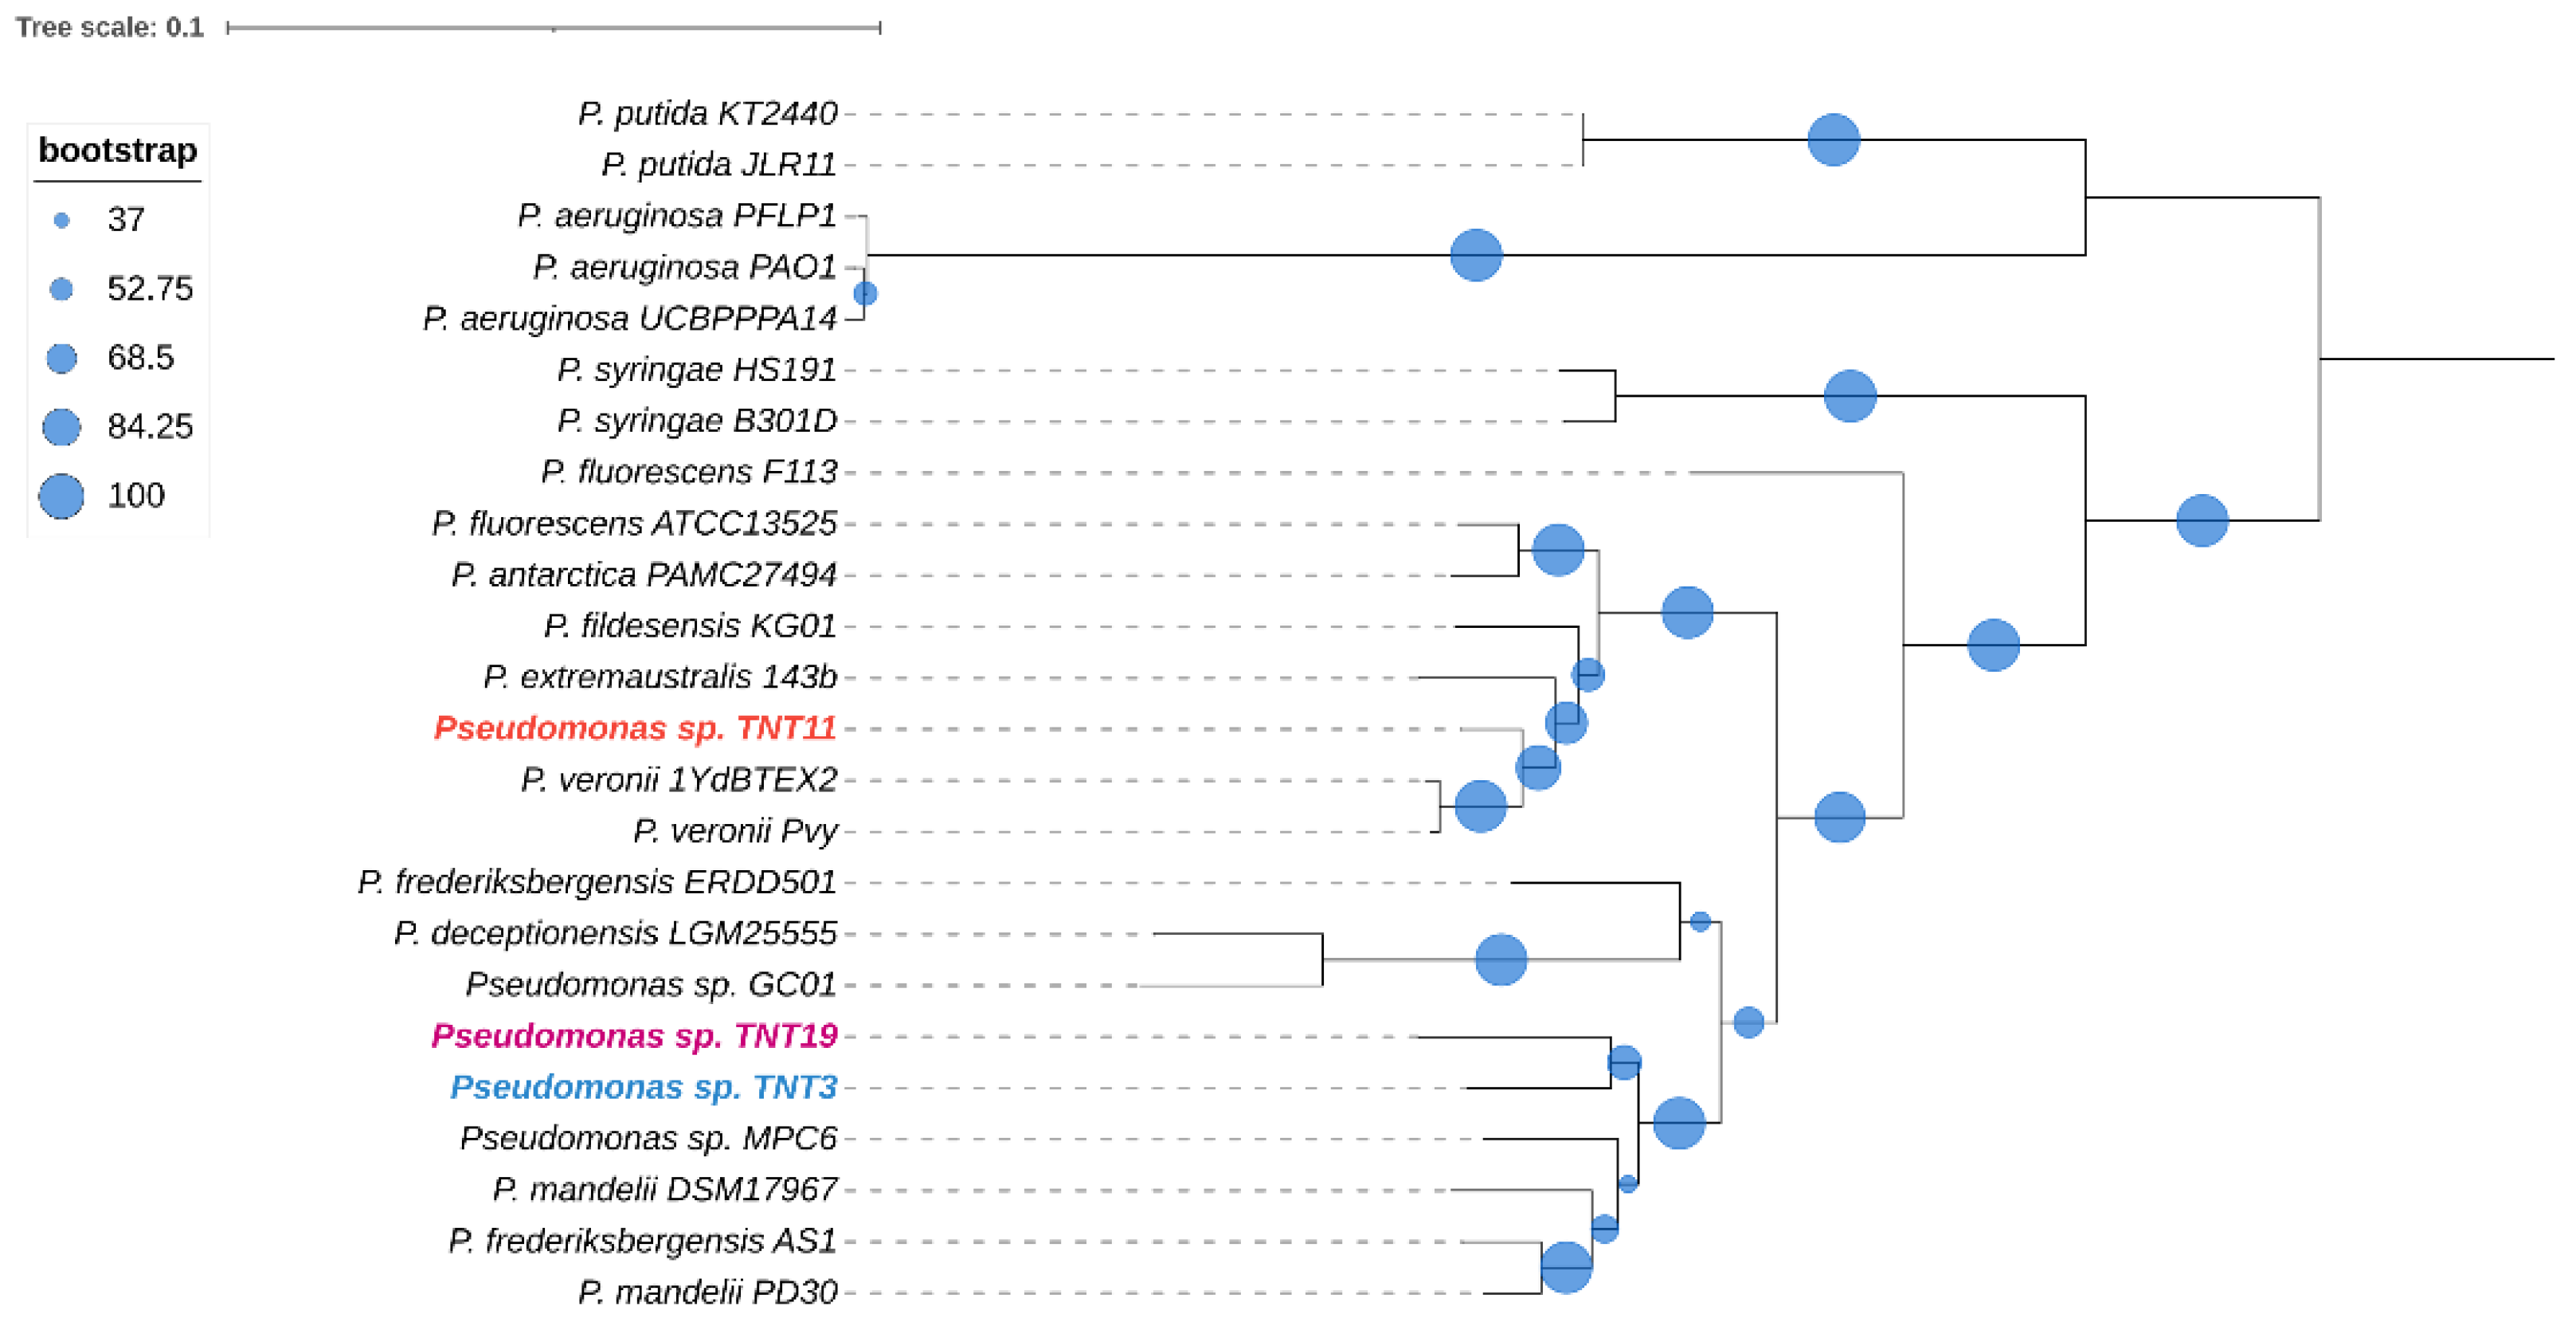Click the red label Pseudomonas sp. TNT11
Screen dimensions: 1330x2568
click(x=635, y=728)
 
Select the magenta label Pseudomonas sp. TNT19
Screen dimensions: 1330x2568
click(x=634, y=1036)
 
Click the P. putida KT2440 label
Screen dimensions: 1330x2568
click(x=708, y=114)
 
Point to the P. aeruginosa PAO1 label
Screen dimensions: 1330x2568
click(x=685, y=267)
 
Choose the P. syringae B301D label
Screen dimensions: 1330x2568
click(x=697, y=421)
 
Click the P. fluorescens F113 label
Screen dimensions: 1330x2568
click(x=689, y=472)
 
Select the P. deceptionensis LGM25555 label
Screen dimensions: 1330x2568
click(x=615, y=933)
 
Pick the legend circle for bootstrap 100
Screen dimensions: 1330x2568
click(x=61, y=496)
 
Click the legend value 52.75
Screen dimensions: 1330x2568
click(x=150, y=288)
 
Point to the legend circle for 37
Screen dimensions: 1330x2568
click(x=61, y=219)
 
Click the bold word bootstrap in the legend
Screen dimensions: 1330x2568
click(x=118, y=151)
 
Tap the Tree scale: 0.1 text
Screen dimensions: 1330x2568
click(x=110, y=27)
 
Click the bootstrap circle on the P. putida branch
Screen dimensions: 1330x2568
click(x=1834, y=139)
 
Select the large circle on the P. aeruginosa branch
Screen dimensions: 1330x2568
click(x=1475, y=255)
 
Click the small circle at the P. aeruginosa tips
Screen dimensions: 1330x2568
click(x=865, y=293)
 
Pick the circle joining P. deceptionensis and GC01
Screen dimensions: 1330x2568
click(x=1501, y=959)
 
